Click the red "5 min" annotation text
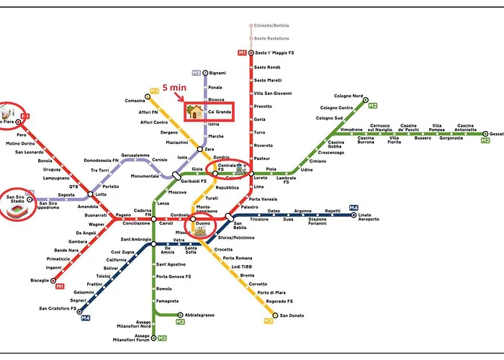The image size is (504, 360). click(175, 88)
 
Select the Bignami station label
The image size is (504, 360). click(217, 73)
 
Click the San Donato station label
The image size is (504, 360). click(292, 315)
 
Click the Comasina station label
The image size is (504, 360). click(135, 101)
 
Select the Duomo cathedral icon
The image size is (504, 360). click(202, 230)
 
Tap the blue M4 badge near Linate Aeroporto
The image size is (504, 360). click(353, 208)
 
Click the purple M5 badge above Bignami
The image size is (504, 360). click(196, 73)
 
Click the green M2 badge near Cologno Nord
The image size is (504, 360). click(373, 106)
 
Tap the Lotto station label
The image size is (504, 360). click(100, 194)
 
